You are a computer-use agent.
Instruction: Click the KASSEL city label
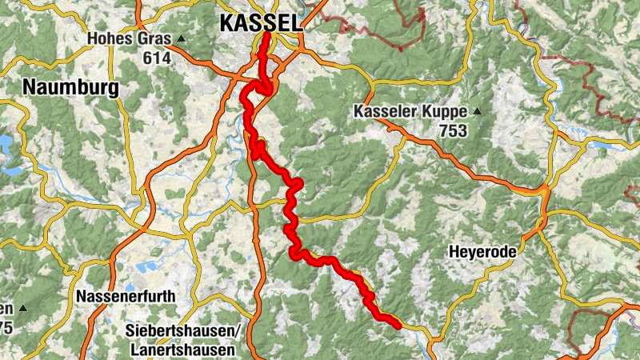pos(262,24)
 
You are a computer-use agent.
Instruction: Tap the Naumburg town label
pos(70,86)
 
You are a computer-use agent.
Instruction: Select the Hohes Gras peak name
pos(130,38)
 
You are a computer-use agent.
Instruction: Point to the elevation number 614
pos(156,58)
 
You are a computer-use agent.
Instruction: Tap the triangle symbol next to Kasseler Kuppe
pos(478,111)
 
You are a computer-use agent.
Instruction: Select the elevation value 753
pos(454,131)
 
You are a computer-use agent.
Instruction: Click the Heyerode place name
pos(482,252)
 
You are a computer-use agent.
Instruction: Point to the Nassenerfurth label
pos(125,297)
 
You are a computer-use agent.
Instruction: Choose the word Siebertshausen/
pos(183,331)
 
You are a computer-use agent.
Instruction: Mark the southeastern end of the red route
pos(398,325)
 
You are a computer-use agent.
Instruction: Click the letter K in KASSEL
pos(226,24)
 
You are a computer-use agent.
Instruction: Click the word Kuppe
pos(447,112)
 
